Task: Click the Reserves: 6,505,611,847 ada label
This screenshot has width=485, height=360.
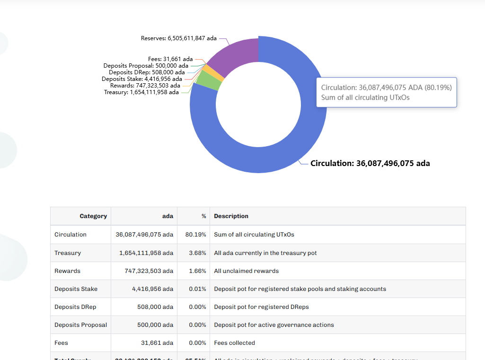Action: pyautogui.click(x=179, y=38)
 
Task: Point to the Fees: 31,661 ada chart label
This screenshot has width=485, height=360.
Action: pyautogui.click(x=170, y=59)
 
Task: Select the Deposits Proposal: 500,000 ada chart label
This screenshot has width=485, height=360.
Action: pyautogui.click(x=146, y=66)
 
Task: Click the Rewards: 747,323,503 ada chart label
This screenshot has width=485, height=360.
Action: pyautogui.click(x=145, y=86)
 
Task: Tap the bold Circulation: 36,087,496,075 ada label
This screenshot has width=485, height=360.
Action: pyautogui.click(x=370, y=163)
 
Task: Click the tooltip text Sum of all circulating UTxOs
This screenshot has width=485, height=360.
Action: pyautogui.click(x=365, y=97)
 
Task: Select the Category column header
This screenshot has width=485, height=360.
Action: pyautogui.click(x=93, y=216)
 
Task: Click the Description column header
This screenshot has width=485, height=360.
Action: pyautogui.click(x=231, y=216)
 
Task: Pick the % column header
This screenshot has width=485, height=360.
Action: pyautogui.click(x=204, y=216)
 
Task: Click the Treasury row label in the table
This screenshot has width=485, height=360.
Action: pyautogui.click(x=68, y=253)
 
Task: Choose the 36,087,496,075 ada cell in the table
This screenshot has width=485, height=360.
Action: pyautogui.click(x=144, y=235)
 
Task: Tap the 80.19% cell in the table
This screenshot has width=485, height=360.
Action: pyautogui.click(x=196, y=235)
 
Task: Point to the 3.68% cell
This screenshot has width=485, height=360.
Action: pyautogui.click(x=197, y=253)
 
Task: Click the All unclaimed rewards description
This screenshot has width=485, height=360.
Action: pyautogui.click(x=246, y=271)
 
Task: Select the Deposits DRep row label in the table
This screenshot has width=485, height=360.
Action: pyautogui.click(x=75, y=307)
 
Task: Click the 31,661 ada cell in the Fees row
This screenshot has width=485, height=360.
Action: pyautogui.click(x=157, y=343)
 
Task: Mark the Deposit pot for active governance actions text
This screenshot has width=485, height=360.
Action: pyautogui.click(x=274, y=325)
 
